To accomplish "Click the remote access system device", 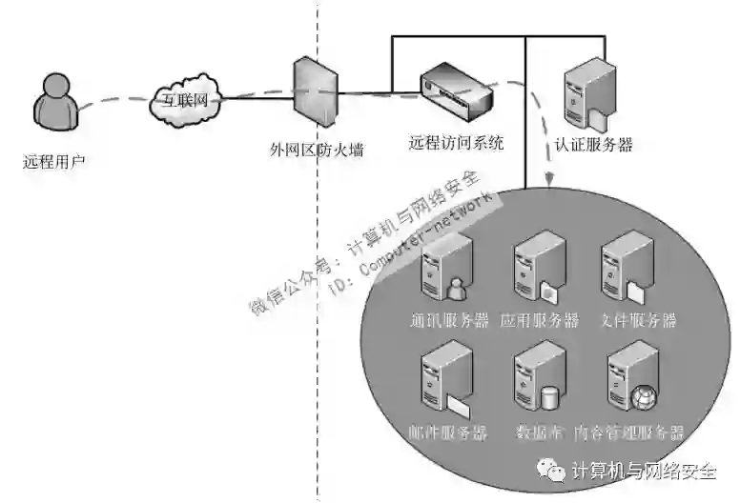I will pos(455,90).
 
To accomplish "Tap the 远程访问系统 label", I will pos(456,144).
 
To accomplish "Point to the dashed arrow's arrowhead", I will pos(550,180).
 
